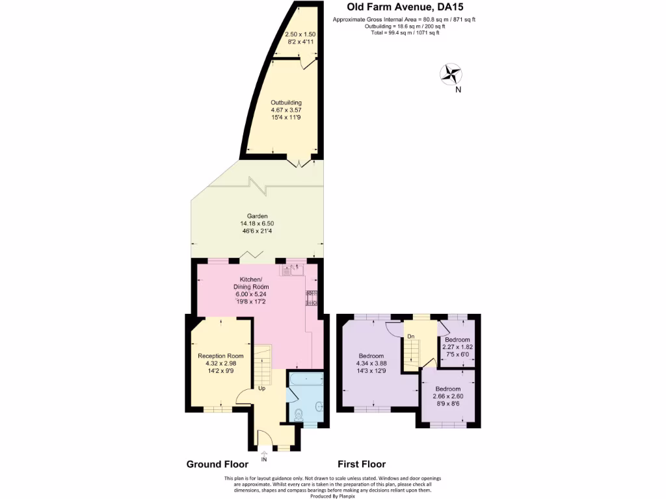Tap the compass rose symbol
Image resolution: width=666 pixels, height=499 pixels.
point(450,74)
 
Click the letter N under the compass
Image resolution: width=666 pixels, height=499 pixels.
point(458,90)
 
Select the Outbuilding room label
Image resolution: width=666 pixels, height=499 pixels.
point(286,102)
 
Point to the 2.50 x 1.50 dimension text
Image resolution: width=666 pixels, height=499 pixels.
point(300,34)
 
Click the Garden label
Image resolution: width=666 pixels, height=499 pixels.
point(257,216)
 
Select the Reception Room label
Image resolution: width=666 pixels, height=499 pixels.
point(220,355)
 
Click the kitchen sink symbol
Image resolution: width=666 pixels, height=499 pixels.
point(293,268)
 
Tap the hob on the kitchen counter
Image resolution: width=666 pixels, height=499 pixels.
point(311,298)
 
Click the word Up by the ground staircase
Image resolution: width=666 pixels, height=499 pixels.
point(262,389)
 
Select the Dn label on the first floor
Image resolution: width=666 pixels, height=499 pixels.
point(410,336)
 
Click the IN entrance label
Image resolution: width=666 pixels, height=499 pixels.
point(264,459)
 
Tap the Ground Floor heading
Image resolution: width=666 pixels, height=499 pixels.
point(217,464)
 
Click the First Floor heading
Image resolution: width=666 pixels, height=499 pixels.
point(362,464)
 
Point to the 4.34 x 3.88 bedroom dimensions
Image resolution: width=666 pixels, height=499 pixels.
point(371,363)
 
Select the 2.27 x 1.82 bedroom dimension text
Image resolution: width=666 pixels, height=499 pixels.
point(457,347)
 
